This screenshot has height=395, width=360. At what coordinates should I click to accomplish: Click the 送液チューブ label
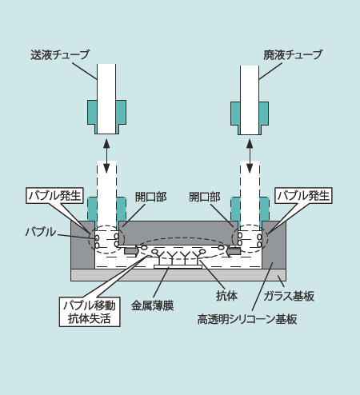(x=60, y=55)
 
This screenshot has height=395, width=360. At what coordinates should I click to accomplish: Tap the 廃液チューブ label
(x=293, y=55)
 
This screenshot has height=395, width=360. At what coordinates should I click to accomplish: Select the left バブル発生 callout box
(x=55, y=196)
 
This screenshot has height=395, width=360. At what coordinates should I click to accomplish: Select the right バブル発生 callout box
(x=303, y=196)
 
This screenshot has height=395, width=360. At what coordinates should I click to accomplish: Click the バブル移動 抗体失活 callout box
(x=90, y=312)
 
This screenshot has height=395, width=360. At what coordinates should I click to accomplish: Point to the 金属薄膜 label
(x=152, y=305)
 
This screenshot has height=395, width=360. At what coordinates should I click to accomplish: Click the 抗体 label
(x=226, y=296)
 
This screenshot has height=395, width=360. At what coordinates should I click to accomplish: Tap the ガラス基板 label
(x=289, y=296)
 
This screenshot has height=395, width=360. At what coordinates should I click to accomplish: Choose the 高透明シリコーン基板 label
(x=247, y=319)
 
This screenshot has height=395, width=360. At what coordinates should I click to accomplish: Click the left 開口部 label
(x=151, y=197)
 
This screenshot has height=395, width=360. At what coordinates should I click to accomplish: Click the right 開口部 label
(x=205, y=197)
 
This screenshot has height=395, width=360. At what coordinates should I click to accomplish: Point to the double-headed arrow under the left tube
(x=106, y=156)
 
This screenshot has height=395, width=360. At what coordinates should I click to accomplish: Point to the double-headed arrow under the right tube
(x=250, y=156)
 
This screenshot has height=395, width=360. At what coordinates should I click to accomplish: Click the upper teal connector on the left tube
(x=106, y=116)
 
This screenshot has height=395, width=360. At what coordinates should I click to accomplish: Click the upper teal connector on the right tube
(x=250, y=118)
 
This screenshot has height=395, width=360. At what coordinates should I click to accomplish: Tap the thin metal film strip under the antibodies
(x=178, y=267)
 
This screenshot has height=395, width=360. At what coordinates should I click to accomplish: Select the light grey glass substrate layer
(x=178, y=275)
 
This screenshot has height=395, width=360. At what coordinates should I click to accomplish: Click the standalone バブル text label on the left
(x=41, y=232)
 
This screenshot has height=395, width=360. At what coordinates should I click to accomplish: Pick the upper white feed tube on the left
(x=106, y=98)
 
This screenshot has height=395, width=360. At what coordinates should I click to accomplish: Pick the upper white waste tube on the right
(x=250, y=100)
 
